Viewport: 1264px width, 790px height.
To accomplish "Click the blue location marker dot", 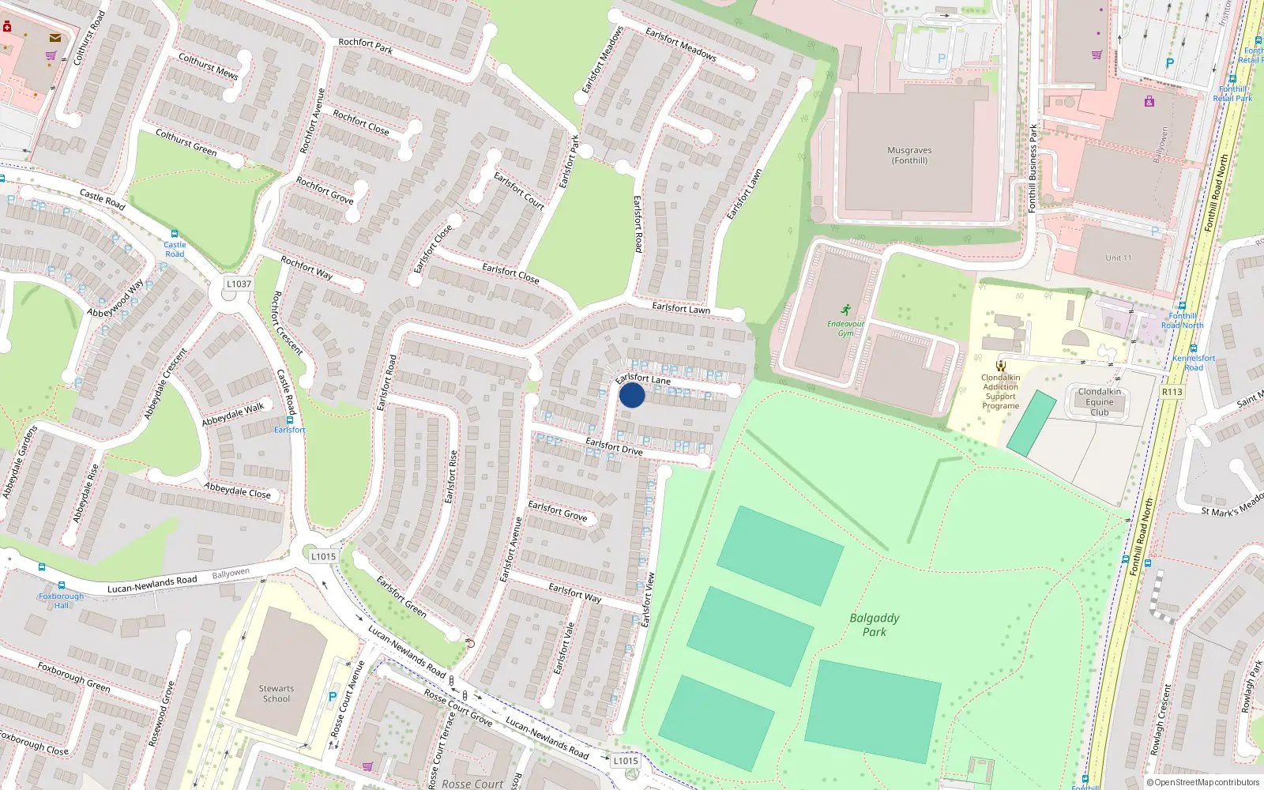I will click(x=632, y=395).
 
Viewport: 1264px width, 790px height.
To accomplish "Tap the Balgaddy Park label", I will click(x=875, y=625).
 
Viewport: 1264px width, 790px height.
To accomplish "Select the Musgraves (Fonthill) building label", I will click(x=909, y=156).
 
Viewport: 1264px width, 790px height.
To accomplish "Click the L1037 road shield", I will click(x=239, y=284).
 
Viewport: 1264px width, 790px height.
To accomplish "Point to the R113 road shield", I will click(x=1172, y=392).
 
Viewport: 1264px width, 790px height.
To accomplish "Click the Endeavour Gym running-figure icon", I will click(x=846, y=310).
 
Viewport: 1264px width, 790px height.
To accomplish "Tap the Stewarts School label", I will click(x=276, y=694).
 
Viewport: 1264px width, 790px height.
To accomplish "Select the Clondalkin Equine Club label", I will click(x=1100, y=401).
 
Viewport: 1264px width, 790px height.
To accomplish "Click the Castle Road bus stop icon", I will click(x=175, y=235).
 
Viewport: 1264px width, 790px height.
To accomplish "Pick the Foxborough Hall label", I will click(x=61, y=600).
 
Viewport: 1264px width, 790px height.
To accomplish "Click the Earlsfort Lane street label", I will click(x=643, y=379).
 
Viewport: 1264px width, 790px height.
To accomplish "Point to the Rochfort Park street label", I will click(x=365, y=46).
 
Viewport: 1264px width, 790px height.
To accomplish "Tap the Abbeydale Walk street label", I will click(x=233, y=414).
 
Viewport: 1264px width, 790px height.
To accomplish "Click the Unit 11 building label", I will click(x=1119, y=258).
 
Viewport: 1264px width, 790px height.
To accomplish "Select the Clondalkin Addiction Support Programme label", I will click(x=1001, y=392).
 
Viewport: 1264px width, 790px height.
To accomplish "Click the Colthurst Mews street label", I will click(x=208, y=66).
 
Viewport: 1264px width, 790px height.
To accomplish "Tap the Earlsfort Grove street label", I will click(x=558, y=510).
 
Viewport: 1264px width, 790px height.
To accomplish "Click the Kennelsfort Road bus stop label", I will click(x=1194, y=363).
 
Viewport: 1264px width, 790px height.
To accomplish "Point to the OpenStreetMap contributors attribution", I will click(x=1202, y=782).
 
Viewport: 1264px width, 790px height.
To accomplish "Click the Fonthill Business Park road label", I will click(x=1033, y=167).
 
